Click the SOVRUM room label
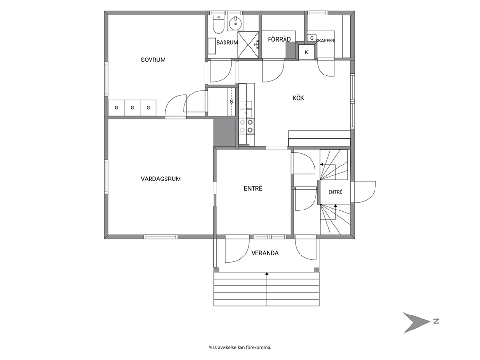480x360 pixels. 153,60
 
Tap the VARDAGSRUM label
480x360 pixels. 161,179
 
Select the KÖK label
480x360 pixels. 298,98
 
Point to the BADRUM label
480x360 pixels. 227,43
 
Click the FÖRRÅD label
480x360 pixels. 279,39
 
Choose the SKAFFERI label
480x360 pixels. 326,41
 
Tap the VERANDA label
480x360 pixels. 265,253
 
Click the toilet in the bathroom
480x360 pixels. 218,25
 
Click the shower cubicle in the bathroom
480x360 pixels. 248,44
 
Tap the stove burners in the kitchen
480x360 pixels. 246,126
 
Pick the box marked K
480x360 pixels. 306,52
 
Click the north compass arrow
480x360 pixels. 416,322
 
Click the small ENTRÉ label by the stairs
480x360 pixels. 335,192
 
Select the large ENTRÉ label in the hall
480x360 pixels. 253,189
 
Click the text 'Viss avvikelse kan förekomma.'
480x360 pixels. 240,347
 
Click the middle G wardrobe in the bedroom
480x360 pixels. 132,108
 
